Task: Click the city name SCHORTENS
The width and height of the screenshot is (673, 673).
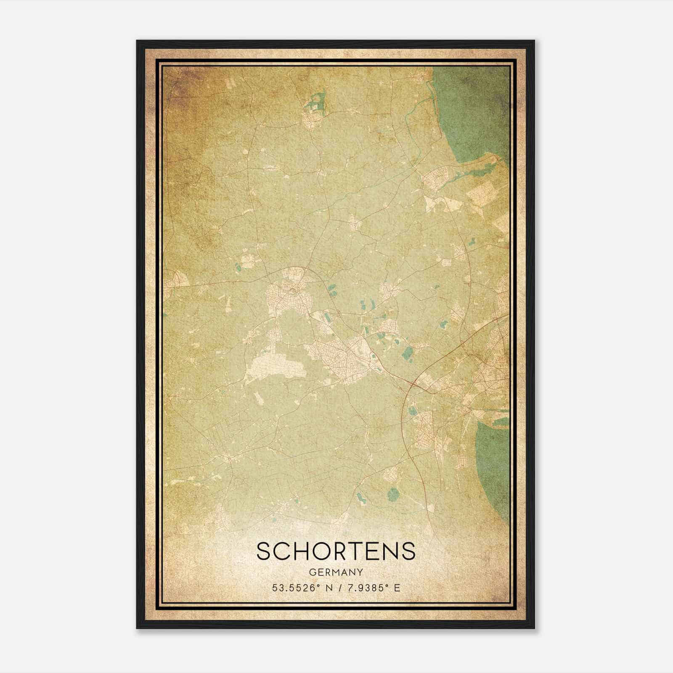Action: coord(336,551)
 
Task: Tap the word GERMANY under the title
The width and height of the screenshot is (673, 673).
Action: coord(336,572)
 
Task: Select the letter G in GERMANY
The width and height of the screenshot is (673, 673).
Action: coord(312,572)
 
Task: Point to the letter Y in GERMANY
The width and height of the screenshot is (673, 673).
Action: coord(360,572)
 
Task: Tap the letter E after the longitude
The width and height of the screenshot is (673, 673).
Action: coord(397,588)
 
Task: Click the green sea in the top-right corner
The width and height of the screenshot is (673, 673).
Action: coord(475,109)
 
